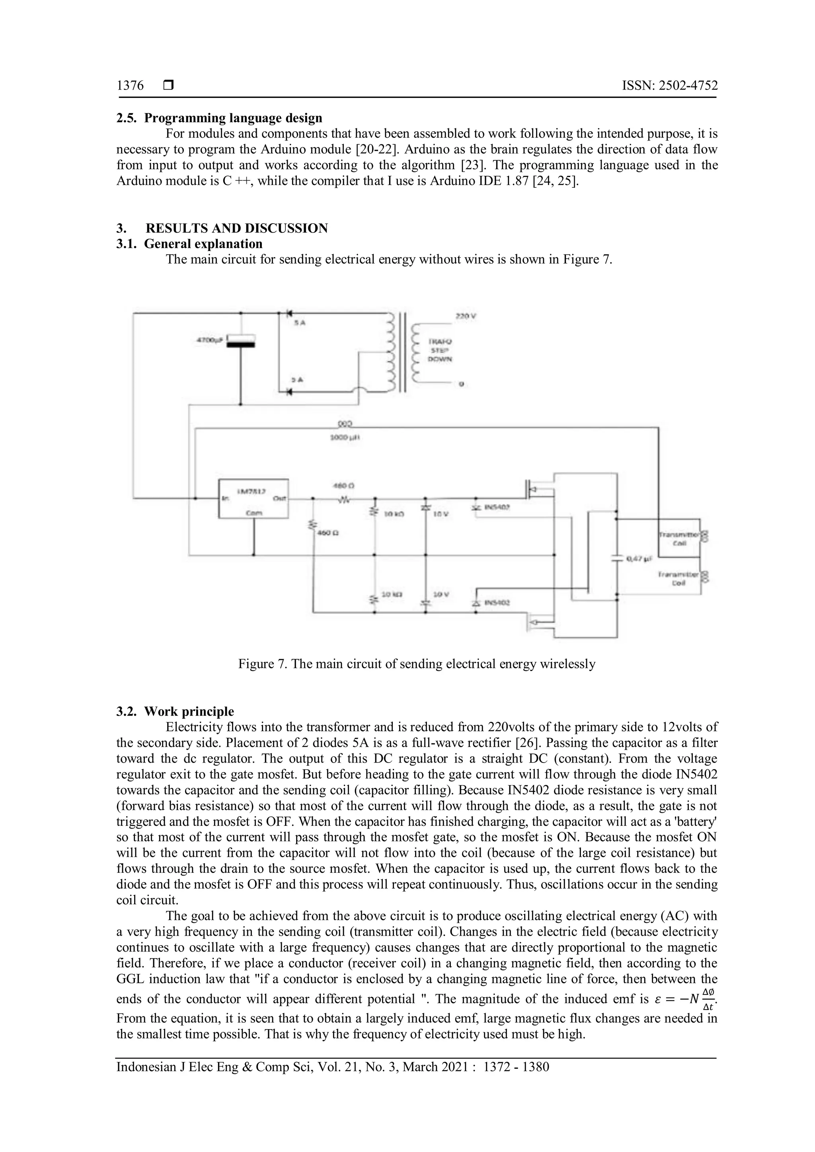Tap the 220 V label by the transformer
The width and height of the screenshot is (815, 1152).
point(465,317)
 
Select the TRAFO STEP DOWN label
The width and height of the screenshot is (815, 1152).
point(440,350)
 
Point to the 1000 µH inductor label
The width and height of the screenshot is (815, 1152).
point(346,438)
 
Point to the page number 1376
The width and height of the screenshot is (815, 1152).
point(130,86)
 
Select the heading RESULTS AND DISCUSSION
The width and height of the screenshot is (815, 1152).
point(236,228)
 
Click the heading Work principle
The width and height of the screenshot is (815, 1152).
point(189,712)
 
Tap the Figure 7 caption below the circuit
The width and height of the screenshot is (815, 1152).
point(417,664)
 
